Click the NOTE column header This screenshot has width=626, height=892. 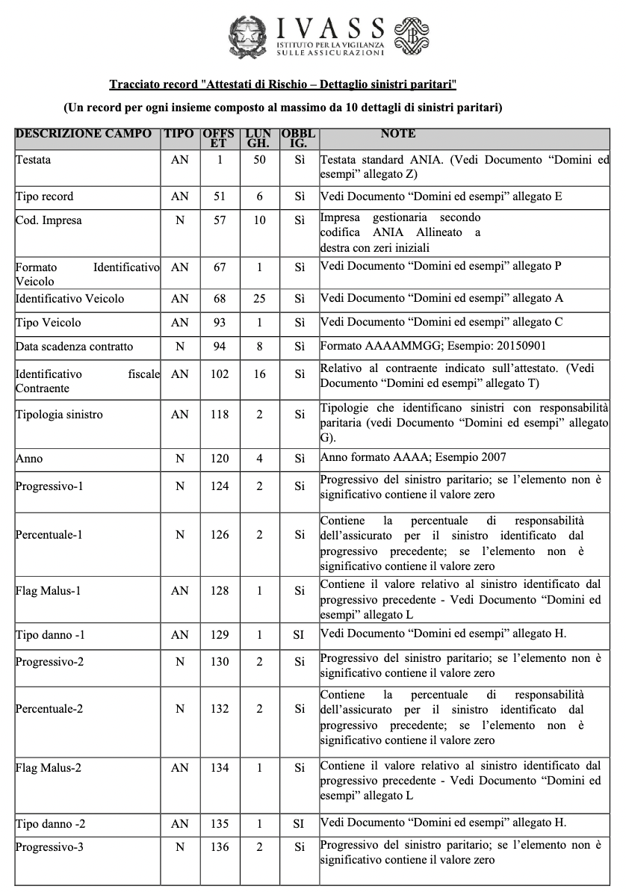pyautogui.click(x=398, y=134)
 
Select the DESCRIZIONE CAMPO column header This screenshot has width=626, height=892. pyautogui.click(x=82, y=134)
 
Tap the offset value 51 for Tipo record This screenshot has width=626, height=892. pyautogui.click(x=220, y=196)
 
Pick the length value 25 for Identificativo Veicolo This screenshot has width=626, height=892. pyautogui.click(x=259, y=299)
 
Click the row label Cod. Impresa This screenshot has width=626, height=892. pyautogui.click(x=49, y=221)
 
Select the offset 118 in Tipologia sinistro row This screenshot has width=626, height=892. pyautogui.click(x=220, y=415)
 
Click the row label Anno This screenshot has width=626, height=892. pyautogui.click(x=28, y=459)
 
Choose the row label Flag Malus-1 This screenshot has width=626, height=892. pyautogui.click(x=49, y=590)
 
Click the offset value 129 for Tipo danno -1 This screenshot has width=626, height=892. pyautogui.click(x=220, y=634)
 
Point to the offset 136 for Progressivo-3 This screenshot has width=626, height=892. pyautogui.click(x=220, y=848)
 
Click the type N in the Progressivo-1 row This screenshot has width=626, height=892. pyautogui.click(x=180, y=486)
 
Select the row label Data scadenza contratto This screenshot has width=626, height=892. pyautogui.click(x=74, y=347)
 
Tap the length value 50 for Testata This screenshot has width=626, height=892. pyautogui.click(x=259, y=160)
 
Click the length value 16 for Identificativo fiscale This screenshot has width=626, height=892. pyautogui.click(x=259, y=374)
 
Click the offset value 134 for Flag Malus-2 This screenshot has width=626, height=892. pyautogui.click(x=220, y=767)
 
